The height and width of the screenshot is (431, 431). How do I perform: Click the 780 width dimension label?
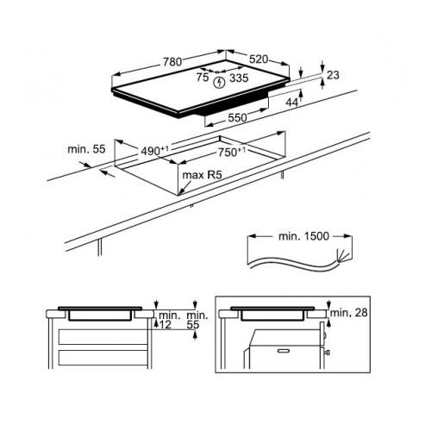(172, 62)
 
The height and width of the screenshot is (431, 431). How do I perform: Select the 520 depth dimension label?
(259, 59)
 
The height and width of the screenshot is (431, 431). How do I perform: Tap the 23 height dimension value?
(334, 75)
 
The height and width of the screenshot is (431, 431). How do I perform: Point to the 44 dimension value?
(292, 103)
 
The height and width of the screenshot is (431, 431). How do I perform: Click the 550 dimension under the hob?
(237, 118)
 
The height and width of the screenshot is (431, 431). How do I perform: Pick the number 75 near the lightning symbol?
(203, 78)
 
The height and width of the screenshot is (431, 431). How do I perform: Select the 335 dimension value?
(239, 78)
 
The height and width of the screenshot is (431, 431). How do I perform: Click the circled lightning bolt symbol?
(219, 83)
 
